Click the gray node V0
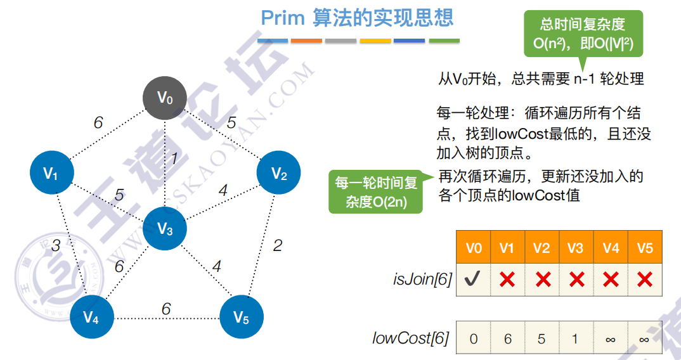coord(165,98)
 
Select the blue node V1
coord(51,173)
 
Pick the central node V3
coord(165,229)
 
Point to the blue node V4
coord(91,318)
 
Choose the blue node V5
coord(241,317)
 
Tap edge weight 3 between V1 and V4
coord(56,245)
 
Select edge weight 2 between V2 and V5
coord(277,245)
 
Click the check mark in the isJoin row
coord(473,280)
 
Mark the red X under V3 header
coord(576,280)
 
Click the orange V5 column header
coord(645,248)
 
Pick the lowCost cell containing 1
coord(575,338)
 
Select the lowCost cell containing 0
coord(473,338)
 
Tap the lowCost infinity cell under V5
coord(644,338)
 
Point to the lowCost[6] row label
coord(410,338)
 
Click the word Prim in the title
coord(283,18)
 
